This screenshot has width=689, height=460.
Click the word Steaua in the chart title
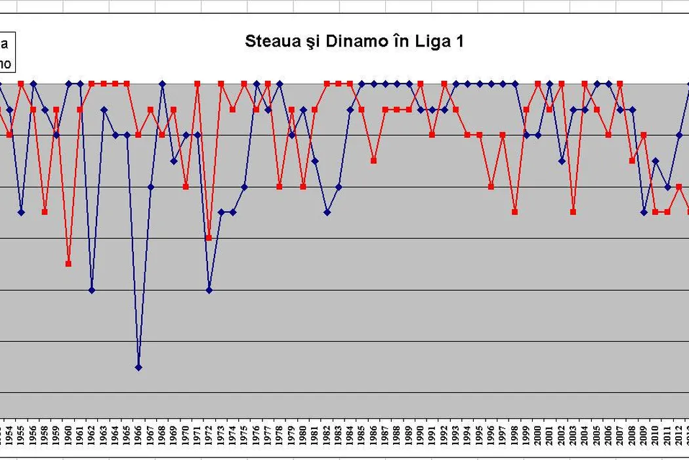click(x=268, y=41)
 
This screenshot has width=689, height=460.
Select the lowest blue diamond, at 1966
click(x=138, y=367)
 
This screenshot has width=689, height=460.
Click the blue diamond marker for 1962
click(x=92, y=290)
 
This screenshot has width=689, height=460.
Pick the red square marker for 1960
click(x=68, y=264)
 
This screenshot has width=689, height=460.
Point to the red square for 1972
click(x=209, y=238)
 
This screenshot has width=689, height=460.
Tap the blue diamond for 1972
click(x=209, y=290)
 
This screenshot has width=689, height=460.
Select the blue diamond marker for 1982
click(x=327, y=212)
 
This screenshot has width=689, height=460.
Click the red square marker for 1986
click(x=373, y=160)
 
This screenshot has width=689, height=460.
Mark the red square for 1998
click(x=514, y=212)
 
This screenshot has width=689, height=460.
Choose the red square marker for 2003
click(x=573, y=212)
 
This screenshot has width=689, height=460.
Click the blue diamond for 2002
click(x=562, y=160)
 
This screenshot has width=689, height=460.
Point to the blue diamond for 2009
click(x=644, y=212)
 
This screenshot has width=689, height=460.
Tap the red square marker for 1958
click(x=45, y=212)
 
